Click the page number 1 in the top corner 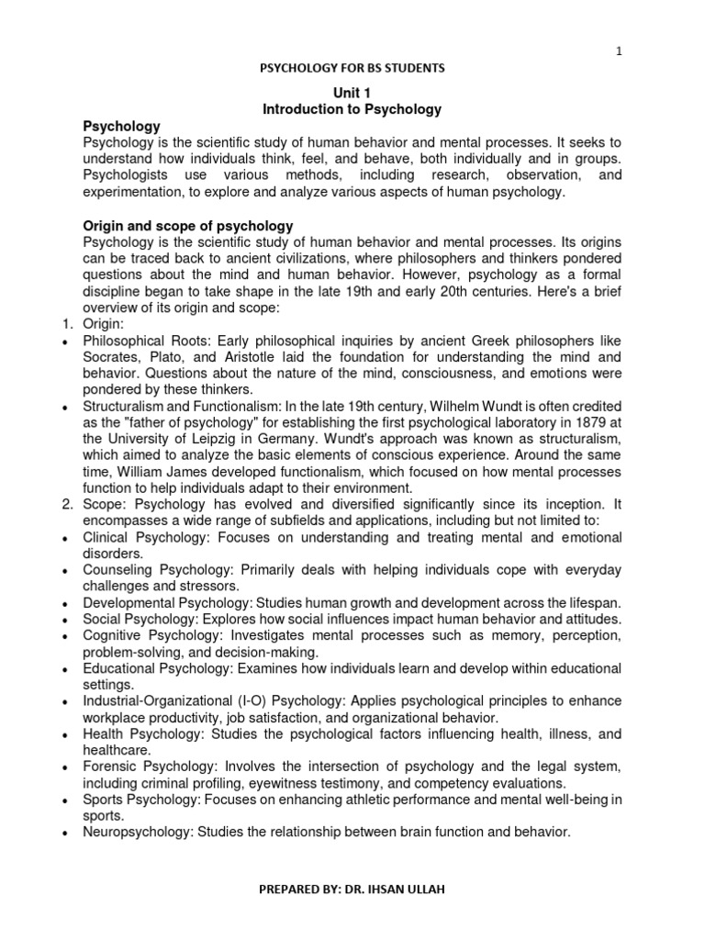point(620,51)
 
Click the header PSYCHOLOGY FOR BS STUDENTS point(352,68)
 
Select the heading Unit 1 point(352,93)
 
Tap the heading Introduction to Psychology point(352,109)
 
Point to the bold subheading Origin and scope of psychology point(188,225)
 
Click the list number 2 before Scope point(67,504)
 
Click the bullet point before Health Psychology point(67,736)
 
